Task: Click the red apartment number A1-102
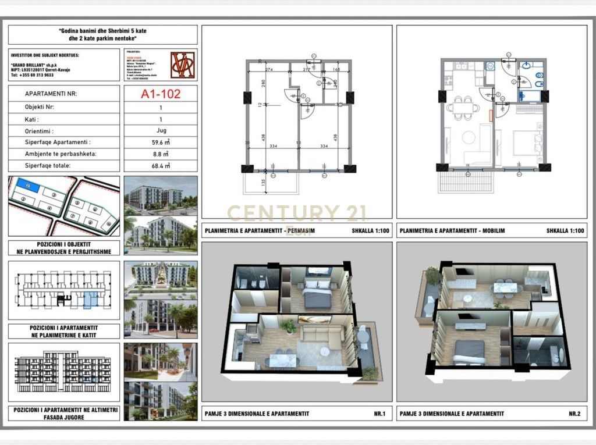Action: (x=161, y=93)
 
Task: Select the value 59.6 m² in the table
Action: (x=161, y=141)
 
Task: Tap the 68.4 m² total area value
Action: (x=161, y=165)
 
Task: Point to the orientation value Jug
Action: (x=161, y=130)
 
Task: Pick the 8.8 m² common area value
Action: (x=161, y=154)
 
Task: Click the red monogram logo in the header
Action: (x=182, y=65)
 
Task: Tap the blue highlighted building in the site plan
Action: (x=27, y=185)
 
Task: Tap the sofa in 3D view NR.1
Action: (x=324, y=335)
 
